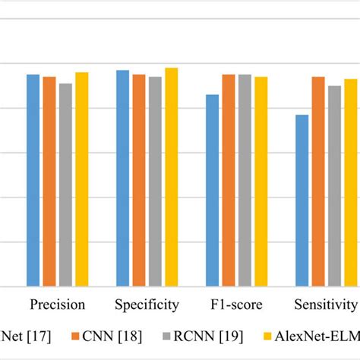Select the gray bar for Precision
65,185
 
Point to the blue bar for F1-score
212,191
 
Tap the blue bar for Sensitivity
302,201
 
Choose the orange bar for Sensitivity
318,182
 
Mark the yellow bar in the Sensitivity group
350,183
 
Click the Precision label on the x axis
58,305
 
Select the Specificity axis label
147,305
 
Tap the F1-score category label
236,305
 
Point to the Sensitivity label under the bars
326,305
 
